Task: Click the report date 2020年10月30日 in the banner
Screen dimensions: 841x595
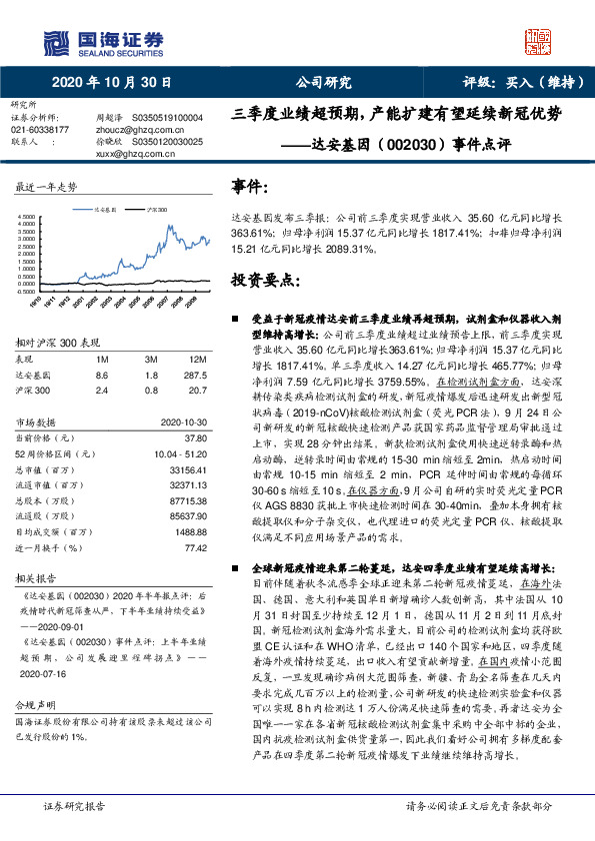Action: (97, 82)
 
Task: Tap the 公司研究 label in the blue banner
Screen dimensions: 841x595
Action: (323, 82)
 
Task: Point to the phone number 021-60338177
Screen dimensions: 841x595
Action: (40, 130)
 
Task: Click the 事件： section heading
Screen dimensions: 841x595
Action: (250, 187)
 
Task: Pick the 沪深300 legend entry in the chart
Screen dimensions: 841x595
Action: (154, 211)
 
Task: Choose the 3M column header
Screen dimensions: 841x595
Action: (151, 358)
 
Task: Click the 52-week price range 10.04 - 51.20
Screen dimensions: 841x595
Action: (179, 451)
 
